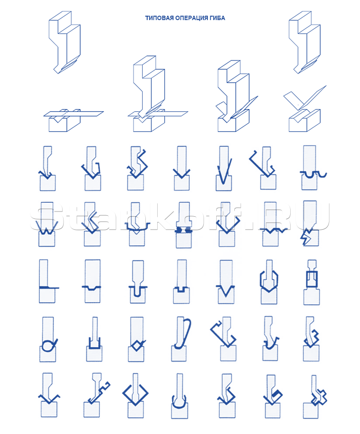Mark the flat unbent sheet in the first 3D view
tap(73, 113)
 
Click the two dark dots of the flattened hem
tap(184, 230)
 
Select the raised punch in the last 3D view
tap(304, 41)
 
